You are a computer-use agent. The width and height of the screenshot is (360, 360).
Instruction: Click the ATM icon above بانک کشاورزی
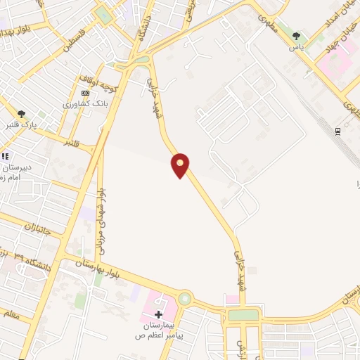click(86, 93)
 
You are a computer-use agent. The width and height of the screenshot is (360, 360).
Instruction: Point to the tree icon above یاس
click(297, 36)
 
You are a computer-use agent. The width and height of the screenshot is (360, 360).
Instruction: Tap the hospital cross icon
click(159, 314)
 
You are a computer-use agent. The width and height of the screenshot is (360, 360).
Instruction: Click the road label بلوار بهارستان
click(84, 266)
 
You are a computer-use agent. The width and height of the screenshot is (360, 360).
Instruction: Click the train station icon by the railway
click(338, 131)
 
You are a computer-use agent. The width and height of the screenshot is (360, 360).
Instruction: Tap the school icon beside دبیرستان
click(5, 156)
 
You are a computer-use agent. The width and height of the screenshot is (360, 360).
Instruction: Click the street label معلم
click(12, 321)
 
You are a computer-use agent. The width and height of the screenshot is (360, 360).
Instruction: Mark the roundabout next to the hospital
click(184, 299)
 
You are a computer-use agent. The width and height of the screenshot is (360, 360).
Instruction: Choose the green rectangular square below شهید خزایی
click(243, 315)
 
